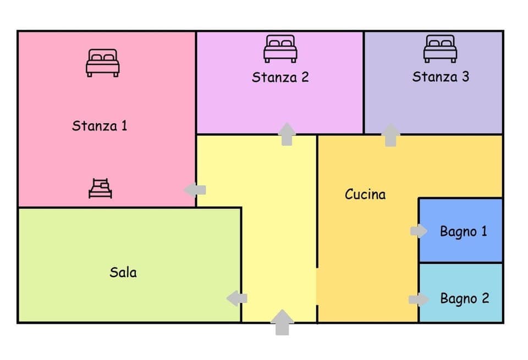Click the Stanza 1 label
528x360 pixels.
[100, 125]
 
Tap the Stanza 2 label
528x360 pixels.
[280, 77]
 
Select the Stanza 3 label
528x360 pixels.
[441, 77]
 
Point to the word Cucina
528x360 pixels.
[365, 194]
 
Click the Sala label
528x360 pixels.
[123, 272]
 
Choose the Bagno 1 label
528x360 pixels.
[463, 231]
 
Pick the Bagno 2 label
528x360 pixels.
[464, 299]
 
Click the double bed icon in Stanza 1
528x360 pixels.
[103, 63]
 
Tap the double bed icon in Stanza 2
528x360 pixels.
[280, 48]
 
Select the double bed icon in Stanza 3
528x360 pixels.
[440, 48]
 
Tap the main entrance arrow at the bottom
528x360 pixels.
[282, 322]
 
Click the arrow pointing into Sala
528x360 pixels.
[237, 298]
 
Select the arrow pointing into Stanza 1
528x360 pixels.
[195, 190]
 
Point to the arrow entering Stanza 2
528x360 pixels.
[287, 134]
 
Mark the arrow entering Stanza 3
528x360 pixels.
[391, 135]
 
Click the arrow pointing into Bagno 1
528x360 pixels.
[419, 231]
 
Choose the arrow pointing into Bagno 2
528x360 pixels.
[419, 300]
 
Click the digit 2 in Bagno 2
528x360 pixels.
[485, 299]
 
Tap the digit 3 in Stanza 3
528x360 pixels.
[465, 77]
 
